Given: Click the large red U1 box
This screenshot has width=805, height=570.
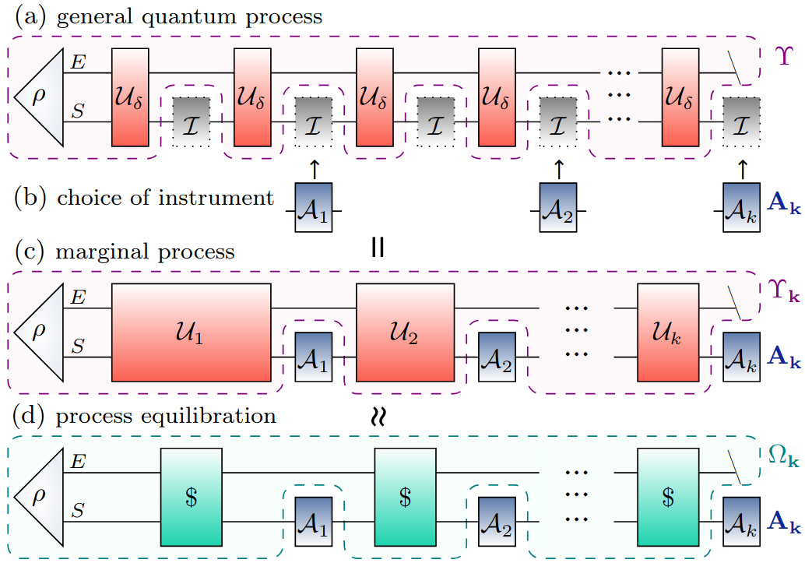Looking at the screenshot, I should [x=192, y=332].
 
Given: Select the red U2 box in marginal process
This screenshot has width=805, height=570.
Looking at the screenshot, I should [x=405, y=332].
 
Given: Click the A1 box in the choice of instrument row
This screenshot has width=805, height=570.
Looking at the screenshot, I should [x=314, y=208].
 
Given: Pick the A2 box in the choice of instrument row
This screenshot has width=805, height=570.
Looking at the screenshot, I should [x=558, y=208].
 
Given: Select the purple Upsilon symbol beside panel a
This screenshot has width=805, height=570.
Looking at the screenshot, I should [x=783, y=55].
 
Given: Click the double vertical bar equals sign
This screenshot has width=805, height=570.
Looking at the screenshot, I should [x=377, y=247].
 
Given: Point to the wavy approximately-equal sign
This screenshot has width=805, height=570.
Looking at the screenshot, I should [x=377, y=417].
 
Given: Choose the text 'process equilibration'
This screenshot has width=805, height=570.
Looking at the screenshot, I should [x=166, y=416].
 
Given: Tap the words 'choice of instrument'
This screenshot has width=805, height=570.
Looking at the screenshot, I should [x=165, y=198].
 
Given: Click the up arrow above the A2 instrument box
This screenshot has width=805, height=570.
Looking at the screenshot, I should [x=557, y=168].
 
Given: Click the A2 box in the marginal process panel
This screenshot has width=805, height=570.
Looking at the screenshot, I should [x=497, y=357].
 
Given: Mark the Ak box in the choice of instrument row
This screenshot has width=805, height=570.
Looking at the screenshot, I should [x=741, y=208].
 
